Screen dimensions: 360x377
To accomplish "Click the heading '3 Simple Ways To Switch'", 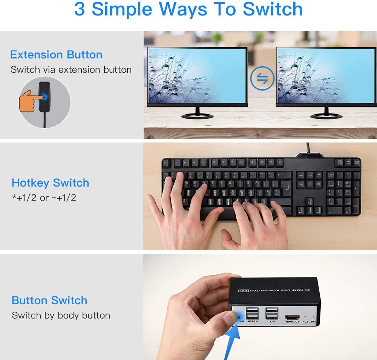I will pyautogui.click(x=188, y=10).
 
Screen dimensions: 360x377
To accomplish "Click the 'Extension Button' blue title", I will pyautogui.click(x=56, y=55).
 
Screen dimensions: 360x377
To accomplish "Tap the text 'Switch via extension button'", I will pyautogui.click(x=71, y=70).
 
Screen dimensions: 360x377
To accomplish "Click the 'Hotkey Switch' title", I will pyautogui.click(x=50, y=183).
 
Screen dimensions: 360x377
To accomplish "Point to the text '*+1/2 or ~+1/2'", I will pyautogui.click(x=44, y=198).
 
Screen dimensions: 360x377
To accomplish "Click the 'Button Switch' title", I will pyautogui.click(x=49, y=300).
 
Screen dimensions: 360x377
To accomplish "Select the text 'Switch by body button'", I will pyautogui.click(x=61, y=316).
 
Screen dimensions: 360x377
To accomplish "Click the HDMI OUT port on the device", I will pyautogui.click(x=292, y=317).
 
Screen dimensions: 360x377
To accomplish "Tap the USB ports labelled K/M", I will pyautogui.click(x=271, y=314).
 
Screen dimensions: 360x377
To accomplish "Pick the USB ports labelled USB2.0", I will pyautogui.click(x=251, y=314).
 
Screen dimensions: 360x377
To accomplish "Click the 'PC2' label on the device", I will pyautogui.click(x=305, y=322).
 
